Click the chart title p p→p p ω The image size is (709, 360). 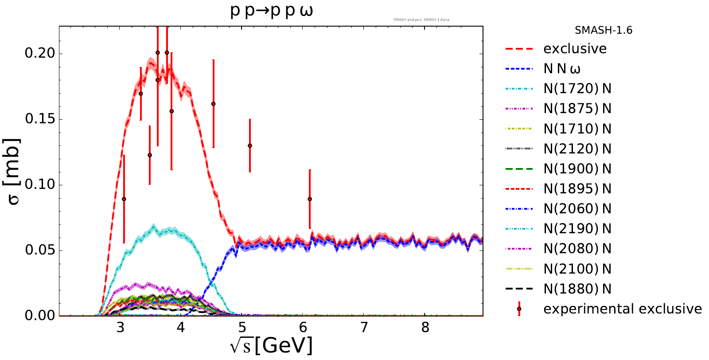[271, 11]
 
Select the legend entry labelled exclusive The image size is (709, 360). [575, 49]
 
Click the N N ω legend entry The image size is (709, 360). [562, 69]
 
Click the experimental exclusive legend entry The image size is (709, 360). [622, 309]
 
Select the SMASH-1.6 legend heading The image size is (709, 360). [603, 31]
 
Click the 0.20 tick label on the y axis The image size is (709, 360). [40, 53]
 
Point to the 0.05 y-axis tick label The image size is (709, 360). [40, 250]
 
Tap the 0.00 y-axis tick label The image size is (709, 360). [40, 316]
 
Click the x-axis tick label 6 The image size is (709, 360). [303, 328]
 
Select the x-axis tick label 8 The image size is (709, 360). [425, 328]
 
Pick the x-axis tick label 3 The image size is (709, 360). [120, 328]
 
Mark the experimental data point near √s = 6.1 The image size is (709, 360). [310, 199]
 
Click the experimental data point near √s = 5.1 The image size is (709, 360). [250, 145]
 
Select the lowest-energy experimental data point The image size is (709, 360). [124, 199]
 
